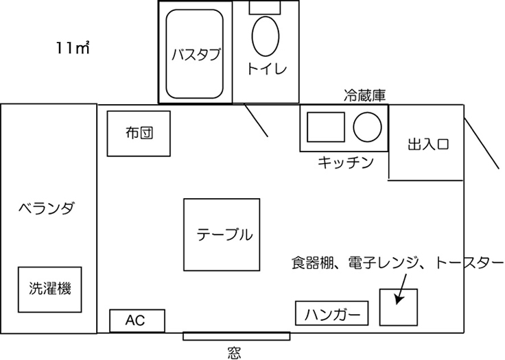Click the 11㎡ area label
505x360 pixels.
pyautogui.click(x=73, y=47)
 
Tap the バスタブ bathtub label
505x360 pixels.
pyautogui.click(x=196, y=54)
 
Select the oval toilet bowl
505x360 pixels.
pyautogui.click(x=266, y=36)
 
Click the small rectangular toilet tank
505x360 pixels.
pyautogui.click(x=265, y=7)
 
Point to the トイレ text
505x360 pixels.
pyautogui.click(x=267, y=69)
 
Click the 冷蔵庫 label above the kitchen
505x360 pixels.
pyautogui.click(x=364, y=95)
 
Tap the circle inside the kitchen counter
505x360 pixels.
pyautogui.click(x=367, y=127)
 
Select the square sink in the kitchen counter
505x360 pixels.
pyautogui.click(x=326, y=127)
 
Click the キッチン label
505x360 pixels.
pyautogui.click(x=346, y=163)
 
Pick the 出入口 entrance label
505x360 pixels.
pyautogui.click(x=428, y=144)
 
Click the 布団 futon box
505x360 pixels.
pyautogui.click(x=139, y=134)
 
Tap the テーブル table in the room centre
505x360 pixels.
pyautogui.click(x=222, y=235)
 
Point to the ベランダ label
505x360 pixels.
pyautogui.click(x=47, y=208)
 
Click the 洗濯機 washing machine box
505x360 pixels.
pyautogui.click(x=49, y=289)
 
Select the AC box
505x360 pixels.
pyautogui.click(x=137, y=321)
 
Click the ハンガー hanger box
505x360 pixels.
pyautogui.click(x=331, y=313)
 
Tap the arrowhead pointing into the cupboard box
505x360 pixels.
pyautogui.click(x=399, y=300)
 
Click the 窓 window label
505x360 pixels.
pyautogui.click(x=234, y=352)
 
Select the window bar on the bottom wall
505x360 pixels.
pyautogui.click(x=237, y=336)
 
